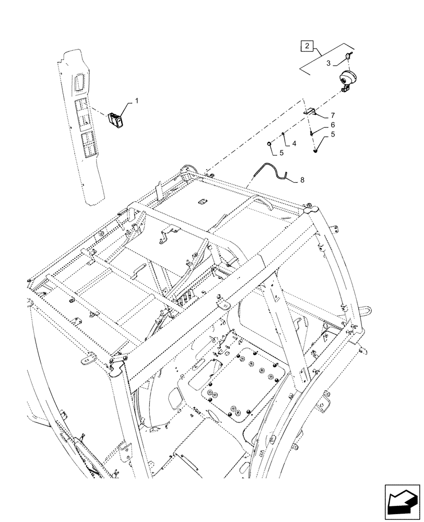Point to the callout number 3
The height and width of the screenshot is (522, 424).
coord(328,63)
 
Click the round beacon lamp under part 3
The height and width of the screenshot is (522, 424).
coord(346,78)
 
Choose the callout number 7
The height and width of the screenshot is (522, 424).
coord(332,115)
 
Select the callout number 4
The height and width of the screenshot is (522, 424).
coord(294,143)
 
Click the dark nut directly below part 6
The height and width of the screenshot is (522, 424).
coord(316,151)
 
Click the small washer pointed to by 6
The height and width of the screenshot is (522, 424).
coord(312,132)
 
